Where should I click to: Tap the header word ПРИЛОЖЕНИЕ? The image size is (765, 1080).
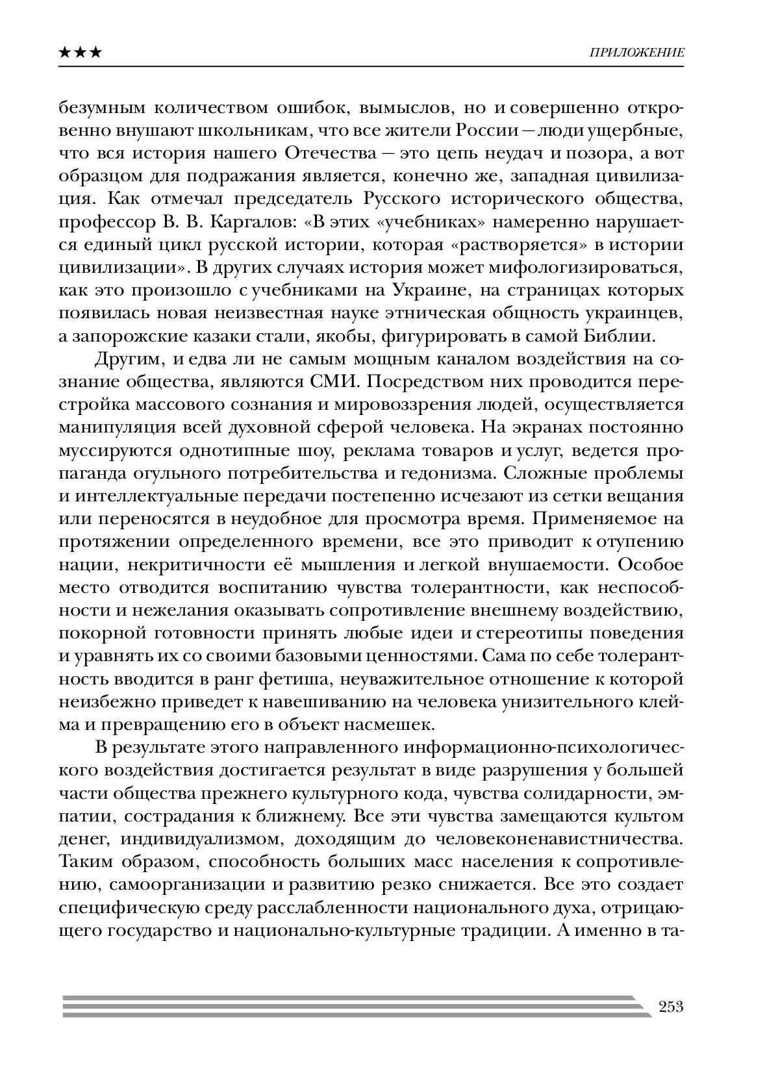tap(636, 53)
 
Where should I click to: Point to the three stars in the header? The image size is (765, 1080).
tap(80, 53)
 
